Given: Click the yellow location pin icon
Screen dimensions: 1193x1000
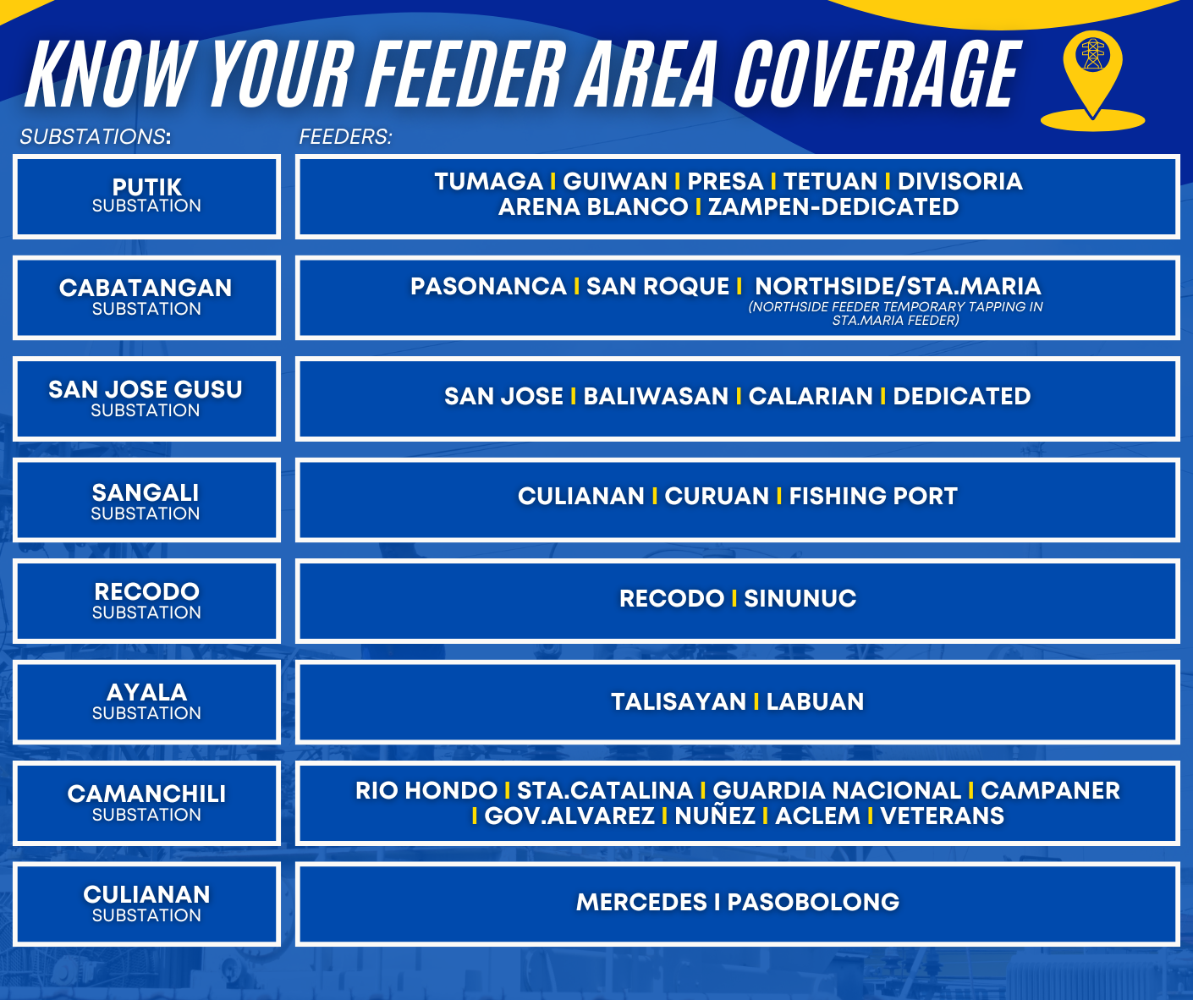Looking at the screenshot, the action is point(1092,80).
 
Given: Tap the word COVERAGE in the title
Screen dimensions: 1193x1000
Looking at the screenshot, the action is point(877,74).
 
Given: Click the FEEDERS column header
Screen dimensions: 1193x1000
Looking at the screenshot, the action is point(345,136).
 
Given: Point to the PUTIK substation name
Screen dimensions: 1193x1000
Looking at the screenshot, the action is point(147,187).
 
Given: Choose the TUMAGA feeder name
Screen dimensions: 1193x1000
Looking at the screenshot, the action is point(488,182).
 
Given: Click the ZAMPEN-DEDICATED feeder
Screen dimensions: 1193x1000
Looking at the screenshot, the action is point(833,207).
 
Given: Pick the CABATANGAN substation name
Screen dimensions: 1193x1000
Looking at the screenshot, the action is point(146,288).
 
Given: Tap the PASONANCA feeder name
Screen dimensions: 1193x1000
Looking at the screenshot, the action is point(488,286).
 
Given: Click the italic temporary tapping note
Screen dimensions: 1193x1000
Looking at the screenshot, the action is point(895,313).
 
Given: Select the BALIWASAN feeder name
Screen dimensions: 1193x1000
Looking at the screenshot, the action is point(656,396).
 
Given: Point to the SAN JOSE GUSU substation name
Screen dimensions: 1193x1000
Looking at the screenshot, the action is point(146,389).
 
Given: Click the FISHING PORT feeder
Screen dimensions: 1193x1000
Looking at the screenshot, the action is point(873,496).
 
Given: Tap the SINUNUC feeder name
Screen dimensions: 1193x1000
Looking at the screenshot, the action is point(800,598).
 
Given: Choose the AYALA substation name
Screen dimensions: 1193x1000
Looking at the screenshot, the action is point(147,692).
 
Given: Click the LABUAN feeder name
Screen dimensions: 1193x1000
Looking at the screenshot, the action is point(815,701).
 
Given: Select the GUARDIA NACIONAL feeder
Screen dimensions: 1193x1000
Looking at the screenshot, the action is point(837,790).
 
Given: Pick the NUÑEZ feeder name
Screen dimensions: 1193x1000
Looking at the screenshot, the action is point(715,815).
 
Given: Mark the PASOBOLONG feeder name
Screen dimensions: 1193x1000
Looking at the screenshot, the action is point(813,902).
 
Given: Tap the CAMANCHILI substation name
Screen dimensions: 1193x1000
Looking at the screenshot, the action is point(147,794).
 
